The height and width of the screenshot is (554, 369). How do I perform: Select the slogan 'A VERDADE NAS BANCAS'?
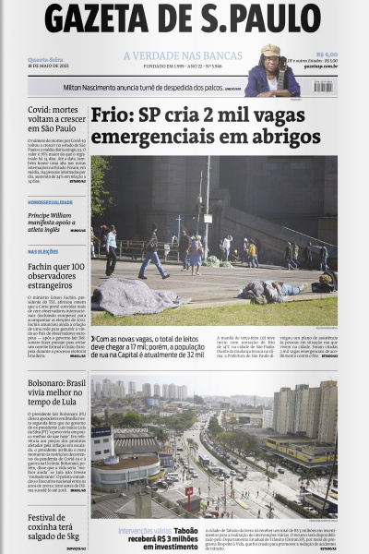(x=183, y=55)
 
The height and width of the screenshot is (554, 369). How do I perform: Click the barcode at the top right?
(x=323, y=86)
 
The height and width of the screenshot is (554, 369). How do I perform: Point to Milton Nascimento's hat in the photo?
(x=270, y=51)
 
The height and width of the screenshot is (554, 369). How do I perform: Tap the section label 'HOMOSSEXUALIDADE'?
(x=51, y=201)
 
